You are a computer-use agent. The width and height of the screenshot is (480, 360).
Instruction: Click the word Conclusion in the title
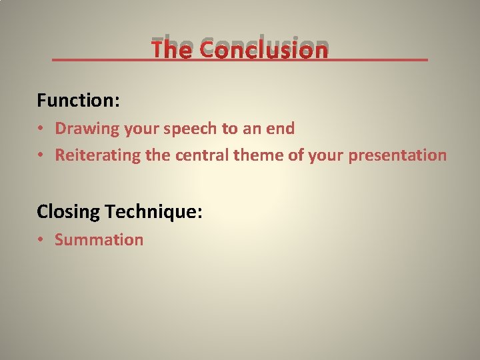click(263, 49)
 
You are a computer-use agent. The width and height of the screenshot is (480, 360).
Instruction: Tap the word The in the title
click(171, 49)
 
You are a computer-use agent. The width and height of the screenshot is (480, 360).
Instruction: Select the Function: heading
click(78, 101)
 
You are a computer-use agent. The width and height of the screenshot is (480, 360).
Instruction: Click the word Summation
click(99, 240)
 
